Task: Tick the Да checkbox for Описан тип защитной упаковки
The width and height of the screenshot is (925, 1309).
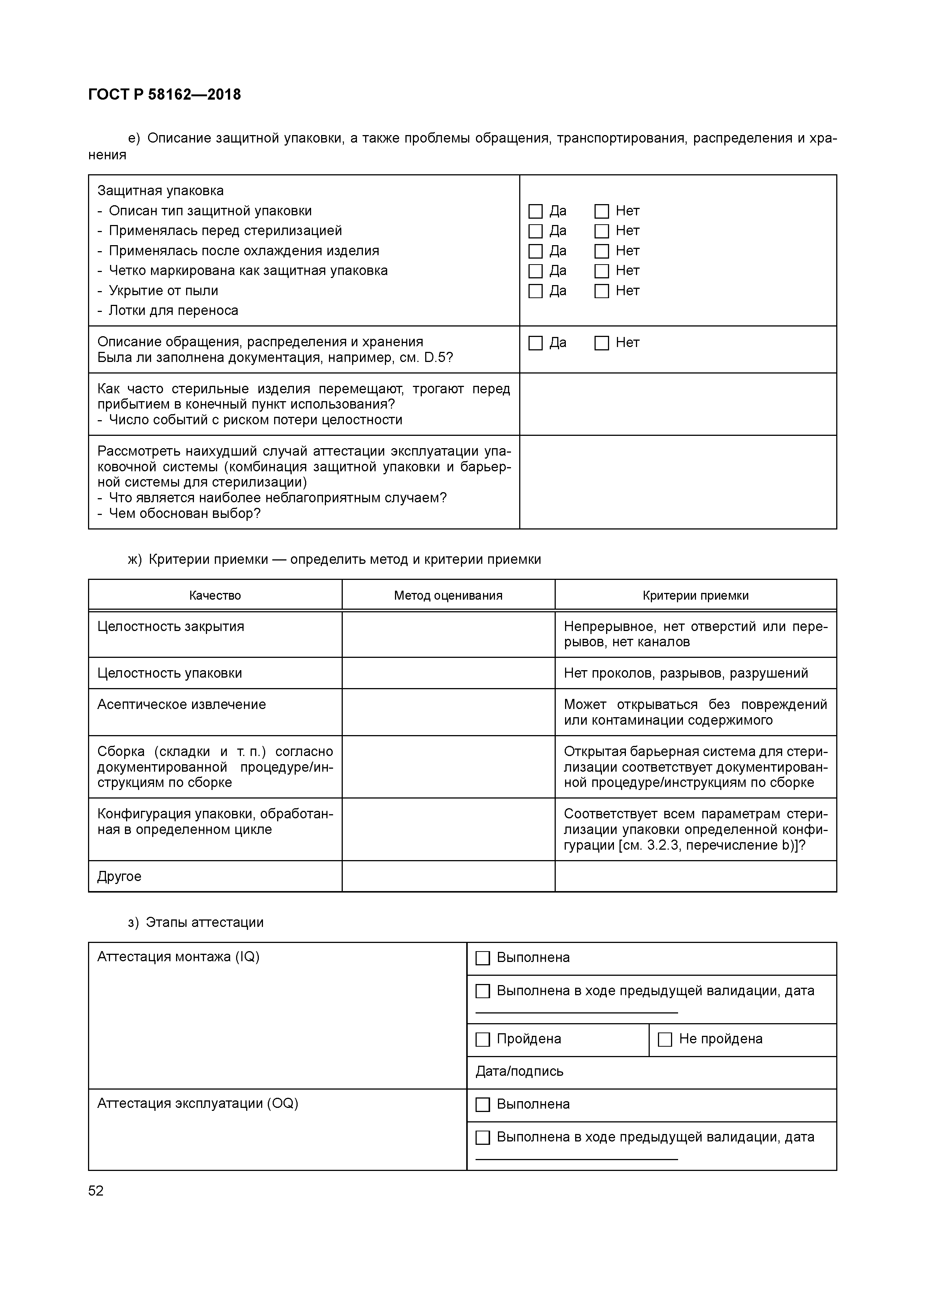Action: pos(535,212)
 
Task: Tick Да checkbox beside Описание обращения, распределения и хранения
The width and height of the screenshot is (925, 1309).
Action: pos(535,343)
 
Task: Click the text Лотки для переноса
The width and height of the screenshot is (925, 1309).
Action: pos(173,311)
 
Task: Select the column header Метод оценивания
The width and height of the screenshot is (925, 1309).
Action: pos(448,596)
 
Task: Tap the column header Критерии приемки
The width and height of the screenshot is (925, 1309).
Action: pos(695,596)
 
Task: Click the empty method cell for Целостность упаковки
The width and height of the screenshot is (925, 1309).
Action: pos(448,673)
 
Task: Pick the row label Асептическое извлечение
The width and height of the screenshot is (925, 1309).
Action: pos(181,705)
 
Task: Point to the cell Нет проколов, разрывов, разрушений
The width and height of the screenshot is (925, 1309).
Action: pos(686,673)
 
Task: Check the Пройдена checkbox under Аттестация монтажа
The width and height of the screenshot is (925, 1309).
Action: pos(482,1039)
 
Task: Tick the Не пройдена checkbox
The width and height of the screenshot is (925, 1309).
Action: pos(665,1039)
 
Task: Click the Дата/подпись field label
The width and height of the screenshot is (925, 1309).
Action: pos(519,1071)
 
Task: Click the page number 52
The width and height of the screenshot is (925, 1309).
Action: pos(96,1191)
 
